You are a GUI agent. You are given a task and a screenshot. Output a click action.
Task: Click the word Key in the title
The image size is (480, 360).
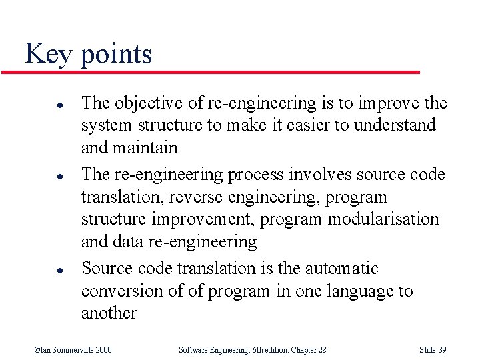pos(49,53)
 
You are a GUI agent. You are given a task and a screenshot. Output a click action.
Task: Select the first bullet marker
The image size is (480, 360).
pos(41,105)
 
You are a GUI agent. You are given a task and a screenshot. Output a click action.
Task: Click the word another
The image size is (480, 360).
pos(109,313)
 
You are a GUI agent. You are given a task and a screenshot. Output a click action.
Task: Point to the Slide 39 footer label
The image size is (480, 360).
pos(433,349)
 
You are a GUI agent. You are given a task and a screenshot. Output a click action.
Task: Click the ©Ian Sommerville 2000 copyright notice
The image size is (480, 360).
pos(73,349)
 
